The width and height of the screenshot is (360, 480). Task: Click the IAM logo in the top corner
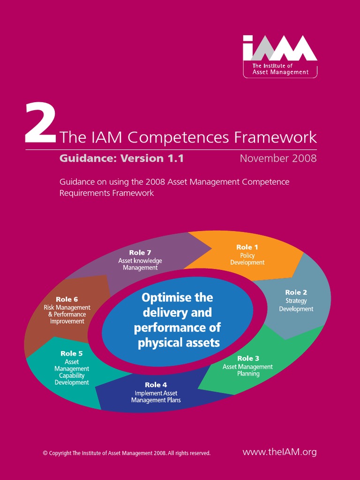280,56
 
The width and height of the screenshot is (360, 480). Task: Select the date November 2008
278,158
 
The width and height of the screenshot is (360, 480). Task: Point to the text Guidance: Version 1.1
121,158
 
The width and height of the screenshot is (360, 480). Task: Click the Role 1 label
247,247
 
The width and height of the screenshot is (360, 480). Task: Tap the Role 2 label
296,292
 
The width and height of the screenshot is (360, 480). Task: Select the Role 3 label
248,359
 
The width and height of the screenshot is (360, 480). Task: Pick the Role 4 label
156,385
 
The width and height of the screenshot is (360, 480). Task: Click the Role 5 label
71,353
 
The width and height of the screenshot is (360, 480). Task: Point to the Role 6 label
67,299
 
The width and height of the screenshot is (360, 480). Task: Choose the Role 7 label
140,253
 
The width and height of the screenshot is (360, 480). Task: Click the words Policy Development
247,259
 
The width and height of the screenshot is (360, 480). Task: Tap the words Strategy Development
296,305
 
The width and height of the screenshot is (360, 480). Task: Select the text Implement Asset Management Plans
156,397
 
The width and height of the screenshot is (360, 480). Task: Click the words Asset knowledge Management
140,264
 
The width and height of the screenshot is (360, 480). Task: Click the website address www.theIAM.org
279,452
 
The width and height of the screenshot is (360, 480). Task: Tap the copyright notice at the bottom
127,453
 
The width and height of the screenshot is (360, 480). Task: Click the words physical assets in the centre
179,343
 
